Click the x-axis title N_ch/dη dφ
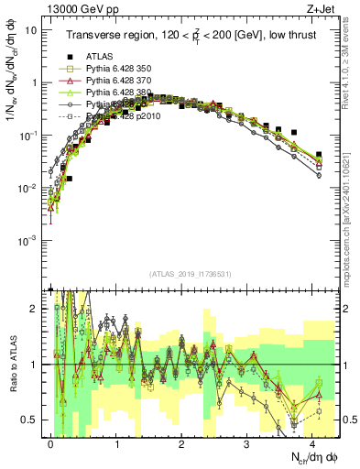308,458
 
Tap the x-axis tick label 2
181,443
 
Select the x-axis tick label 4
312,443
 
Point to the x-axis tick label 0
51,443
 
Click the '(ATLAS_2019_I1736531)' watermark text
190,275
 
